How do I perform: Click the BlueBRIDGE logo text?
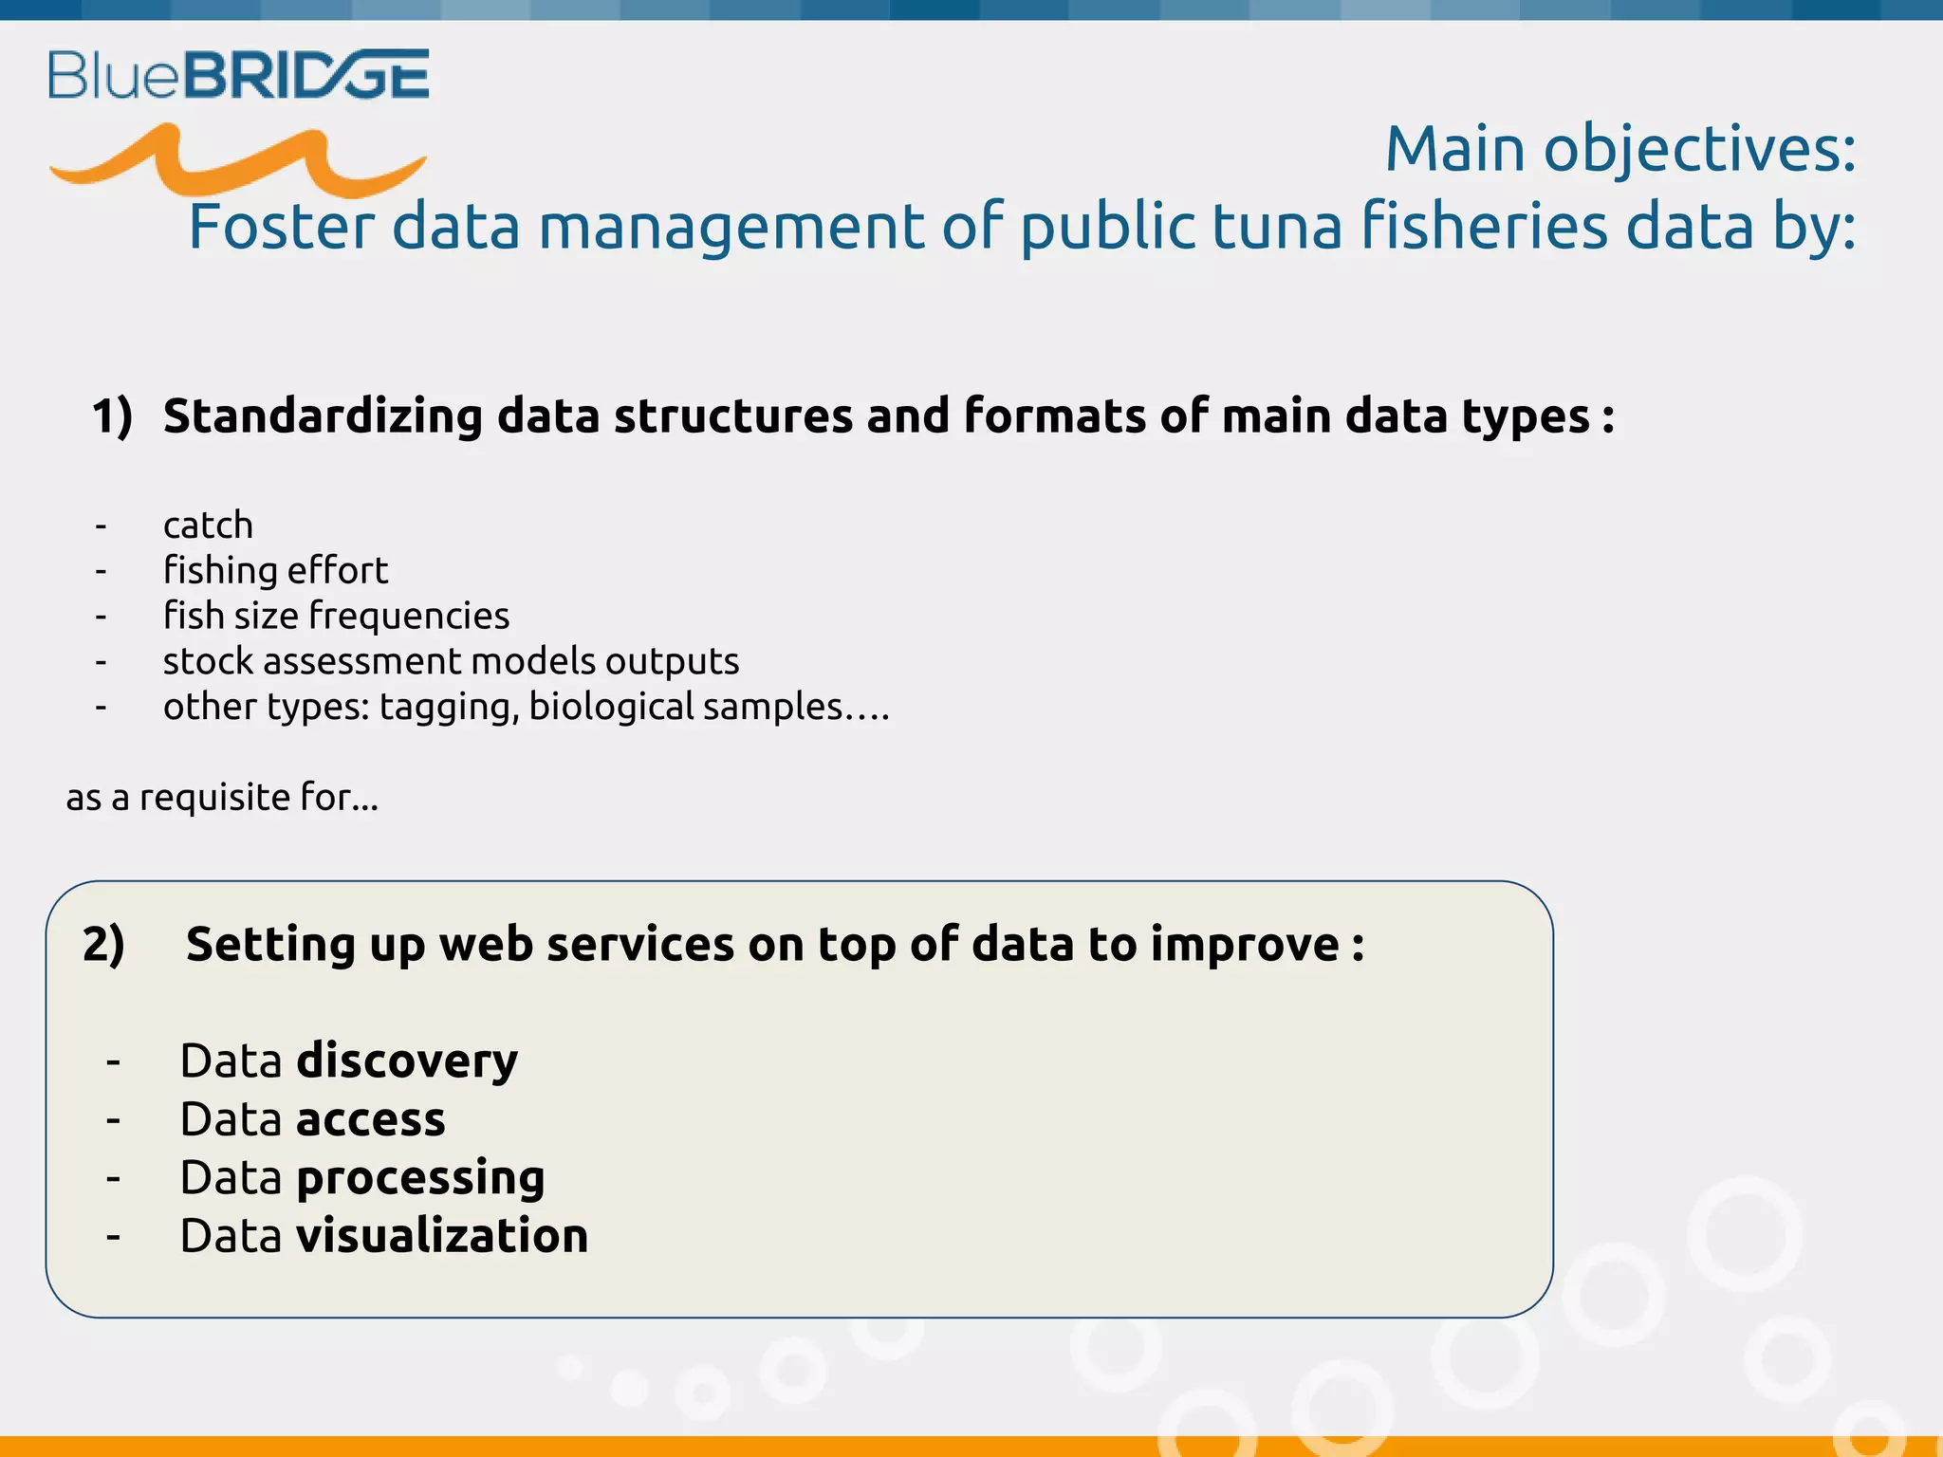pyautogui.click(x=239, y=75)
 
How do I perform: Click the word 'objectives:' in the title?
pyautogui.click(x=1699, y=150)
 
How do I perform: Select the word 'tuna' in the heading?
pyautogui.click(x=1277, y=227)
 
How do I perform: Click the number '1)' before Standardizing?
pyautogui.click(x=112, y=416)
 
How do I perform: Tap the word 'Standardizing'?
pyautogui.click(x=323, y=416)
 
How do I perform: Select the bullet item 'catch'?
pyautogui.click(x=208, y=525)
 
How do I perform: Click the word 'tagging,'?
pyautogui.click(x=449, y=707)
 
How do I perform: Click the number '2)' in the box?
pyautogui.click(x=103, y=945)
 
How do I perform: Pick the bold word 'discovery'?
pyautogui.click(x=407, y=1060)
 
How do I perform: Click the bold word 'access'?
pyautogui.click(x=370, y=1119)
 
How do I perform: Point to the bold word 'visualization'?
pyautogui.click(x=442, y=1236)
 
